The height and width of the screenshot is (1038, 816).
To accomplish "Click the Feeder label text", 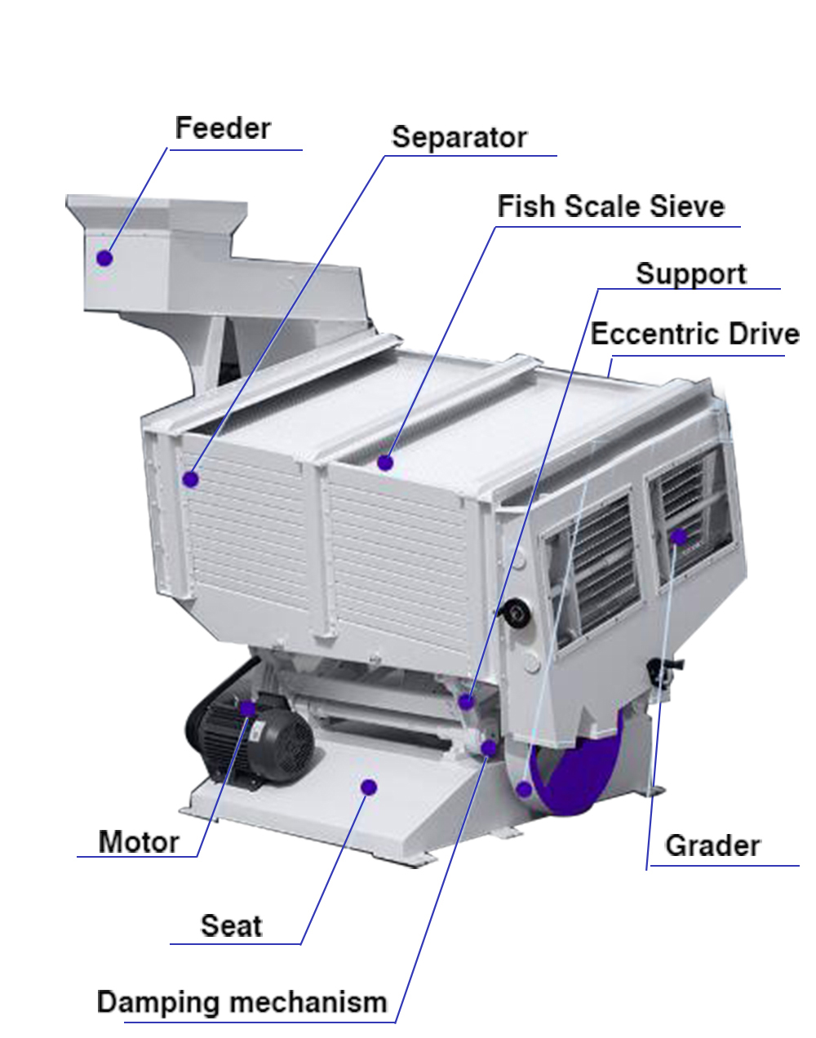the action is (223, 128).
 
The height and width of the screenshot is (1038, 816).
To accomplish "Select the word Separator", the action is (459, 138).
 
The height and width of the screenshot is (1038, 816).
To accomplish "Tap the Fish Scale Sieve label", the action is (611, 206).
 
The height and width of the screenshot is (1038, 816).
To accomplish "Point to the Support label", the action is (691, 275).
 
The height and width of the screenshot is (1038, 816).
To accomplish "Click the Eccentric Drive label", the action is (695, 334).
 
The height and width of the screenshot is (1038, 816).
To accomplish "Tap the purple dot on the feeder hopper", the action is (104, 258).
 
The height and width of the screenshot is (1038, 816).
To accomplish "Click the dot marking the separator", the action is (190, 480).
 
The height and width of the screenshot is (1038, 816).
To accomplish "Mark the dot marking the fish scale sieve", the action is (385, 463).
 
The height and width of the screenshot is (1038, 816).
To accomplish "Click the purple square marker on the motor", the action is (248, 708).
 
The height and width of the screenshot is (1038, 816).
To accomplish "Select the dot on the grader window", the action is (679, 537).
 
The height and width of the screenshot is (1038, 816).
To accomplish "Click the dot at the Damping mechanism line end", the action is (489, 748).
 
